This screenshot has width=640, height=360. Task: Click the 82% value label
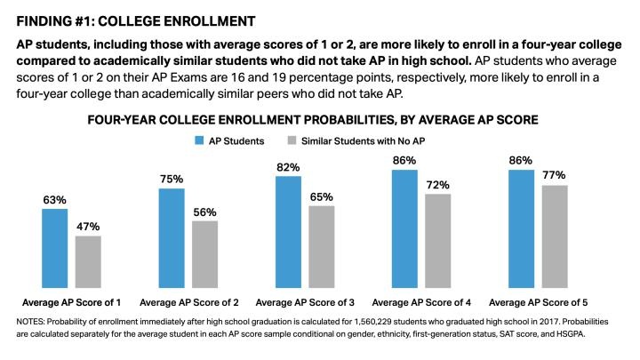(288, 167)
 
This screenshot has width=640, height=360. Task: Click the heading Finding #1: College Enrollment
(132, 20)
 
